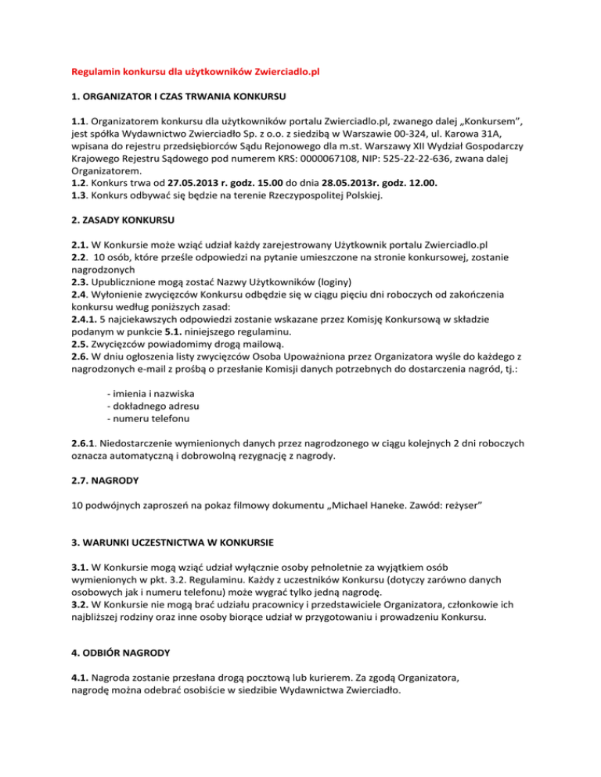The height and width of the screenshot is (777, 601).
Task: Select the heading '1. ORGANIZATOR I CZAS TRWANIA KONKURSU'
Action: (x=175, y=98)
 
